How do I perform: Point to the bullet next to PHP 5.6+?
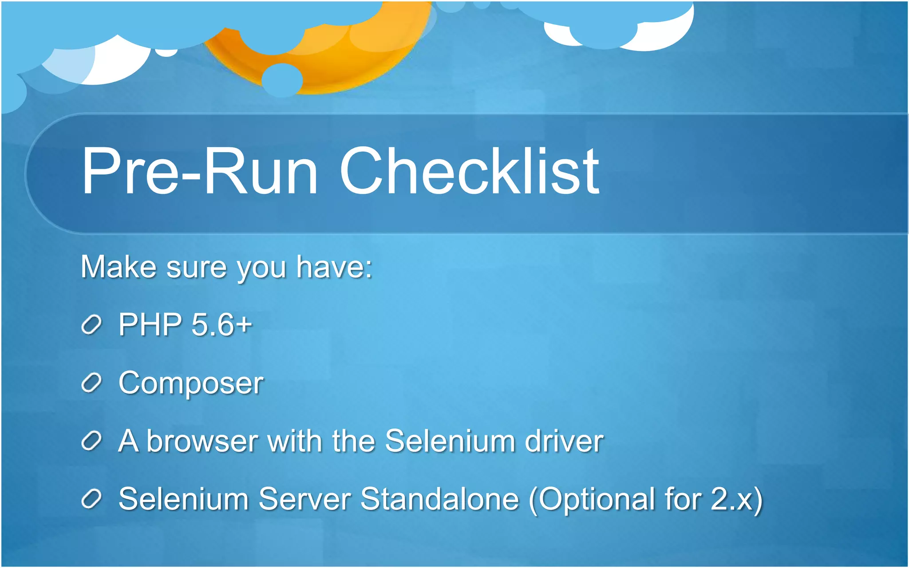pos(92,325)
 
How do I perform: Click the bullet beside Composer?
pos(92,383)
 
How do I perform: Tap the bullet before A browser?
pos(92,441)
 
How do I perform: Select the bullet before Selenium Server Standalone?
pos(92,499)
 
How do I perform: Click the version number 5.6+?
pos(221,324)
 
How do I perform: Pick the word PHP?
pos(150,324)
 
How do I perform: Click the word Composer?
pos(191,383)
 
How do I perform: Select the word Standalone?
pos(439,499)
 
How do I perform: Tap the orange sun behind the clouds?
pos(337,62)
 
